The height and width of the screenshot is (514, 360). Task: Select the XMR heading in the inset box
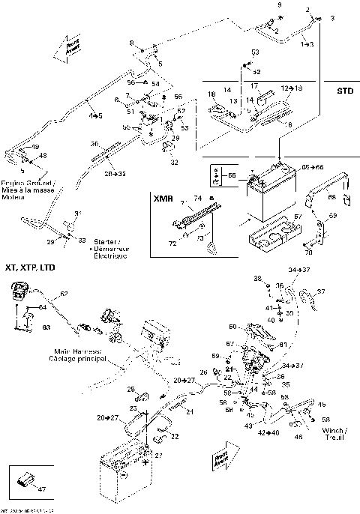click(x=162, y=200)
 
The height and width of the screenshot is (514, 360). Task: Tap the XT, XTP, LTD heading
click(x=30, y=267)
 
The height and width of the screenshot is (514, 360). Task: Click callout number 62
click(x=64, y=293)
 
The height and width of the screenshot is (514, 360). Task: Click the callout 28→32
click(x=113, y=173)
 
